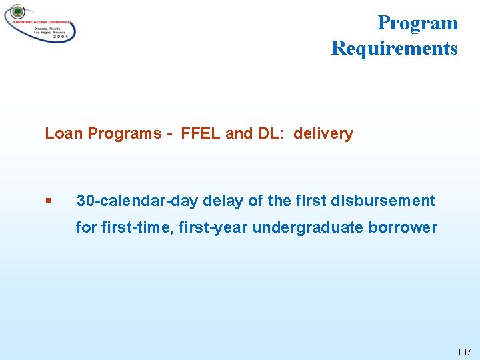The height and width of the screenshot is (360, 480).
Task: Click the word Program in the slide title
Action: click(x=417, y=23)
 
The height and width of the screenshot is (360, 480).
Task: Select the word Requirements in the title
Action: click(x=394, y=48)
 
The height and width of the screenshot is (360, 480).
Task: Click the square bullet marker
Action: click(x=48, y=201)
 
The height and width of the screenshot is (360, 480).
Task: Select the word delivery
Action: click(x=323, y=133)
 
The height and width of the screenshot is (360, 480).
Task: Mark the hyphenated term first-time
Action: click(x=129, y=227)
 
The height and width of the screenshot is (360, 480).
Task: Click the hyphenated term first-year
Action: click(x=194, y=227)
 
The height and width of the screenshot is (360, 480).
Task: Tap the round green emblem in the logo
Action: click(x=17, y=13)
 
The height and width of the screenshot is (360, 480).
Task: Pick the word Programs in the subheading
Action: click(x=123, y=133)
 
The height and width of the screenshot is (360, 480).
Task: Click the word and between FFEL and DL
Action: click(x=239, y=133)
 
